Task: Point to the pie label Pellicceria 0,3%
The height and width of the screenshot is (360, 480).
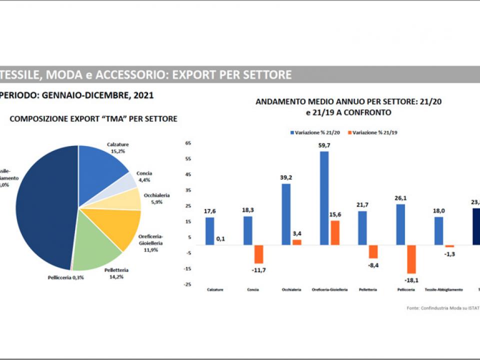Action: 65,277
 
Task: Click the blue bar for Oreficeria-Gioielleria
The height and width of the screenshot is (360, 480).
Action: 324,198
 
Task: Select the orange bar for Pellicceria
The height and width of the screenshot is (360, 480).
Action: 411,259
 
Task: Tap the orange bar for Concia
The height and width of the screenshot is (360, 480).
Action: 258,254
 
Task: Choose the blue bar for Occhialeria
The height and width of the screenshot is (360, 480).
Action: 286,214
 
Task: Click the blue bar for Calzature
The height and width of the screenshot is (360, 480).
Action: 209,231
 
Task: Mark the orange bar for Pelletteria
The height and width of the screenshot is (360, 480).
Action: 373,251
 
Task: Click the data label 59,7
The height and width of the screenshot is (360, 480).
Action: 324,145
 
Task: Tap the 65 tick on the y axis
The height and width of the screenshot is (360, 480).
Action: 188,143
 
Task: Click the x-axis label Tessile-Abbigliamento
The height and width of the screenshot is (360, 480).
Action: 443,290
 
